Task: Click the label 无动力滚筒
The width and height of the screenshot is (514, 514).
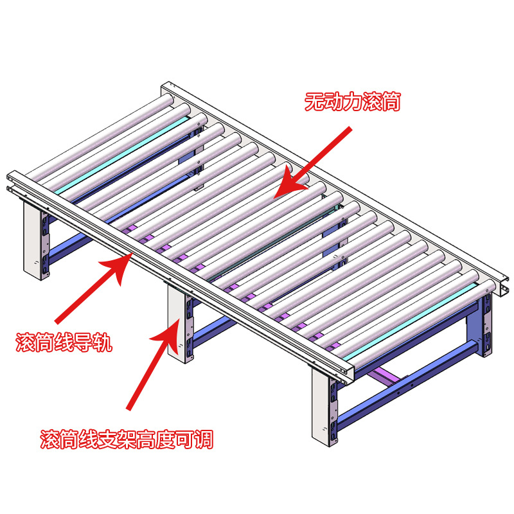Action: pos(353,102)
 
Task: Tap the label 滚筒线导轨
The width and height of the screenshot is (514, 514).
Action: pos(64,343)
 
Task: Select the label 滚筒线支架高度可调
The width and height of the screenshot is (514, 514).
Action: pos(127,439)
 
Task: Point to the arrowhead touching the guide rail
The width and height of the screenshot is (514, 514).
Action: pos(118,267)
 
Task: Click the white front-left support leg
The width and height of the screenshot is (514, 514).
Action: pos(32,240)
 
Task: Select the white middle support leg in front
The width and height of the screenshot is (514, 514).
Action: pos(176,323)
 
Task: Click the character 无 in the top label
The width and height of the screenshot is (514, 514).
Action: pos(314,102)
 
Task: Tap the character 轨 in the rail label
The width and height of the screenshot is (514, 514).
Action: pos(103,343)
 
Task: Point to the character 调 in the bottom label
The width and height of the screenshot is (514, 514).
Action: pos(204,439)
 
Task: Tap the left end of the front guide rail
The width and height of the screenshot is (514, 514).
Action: pos(10,181)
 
